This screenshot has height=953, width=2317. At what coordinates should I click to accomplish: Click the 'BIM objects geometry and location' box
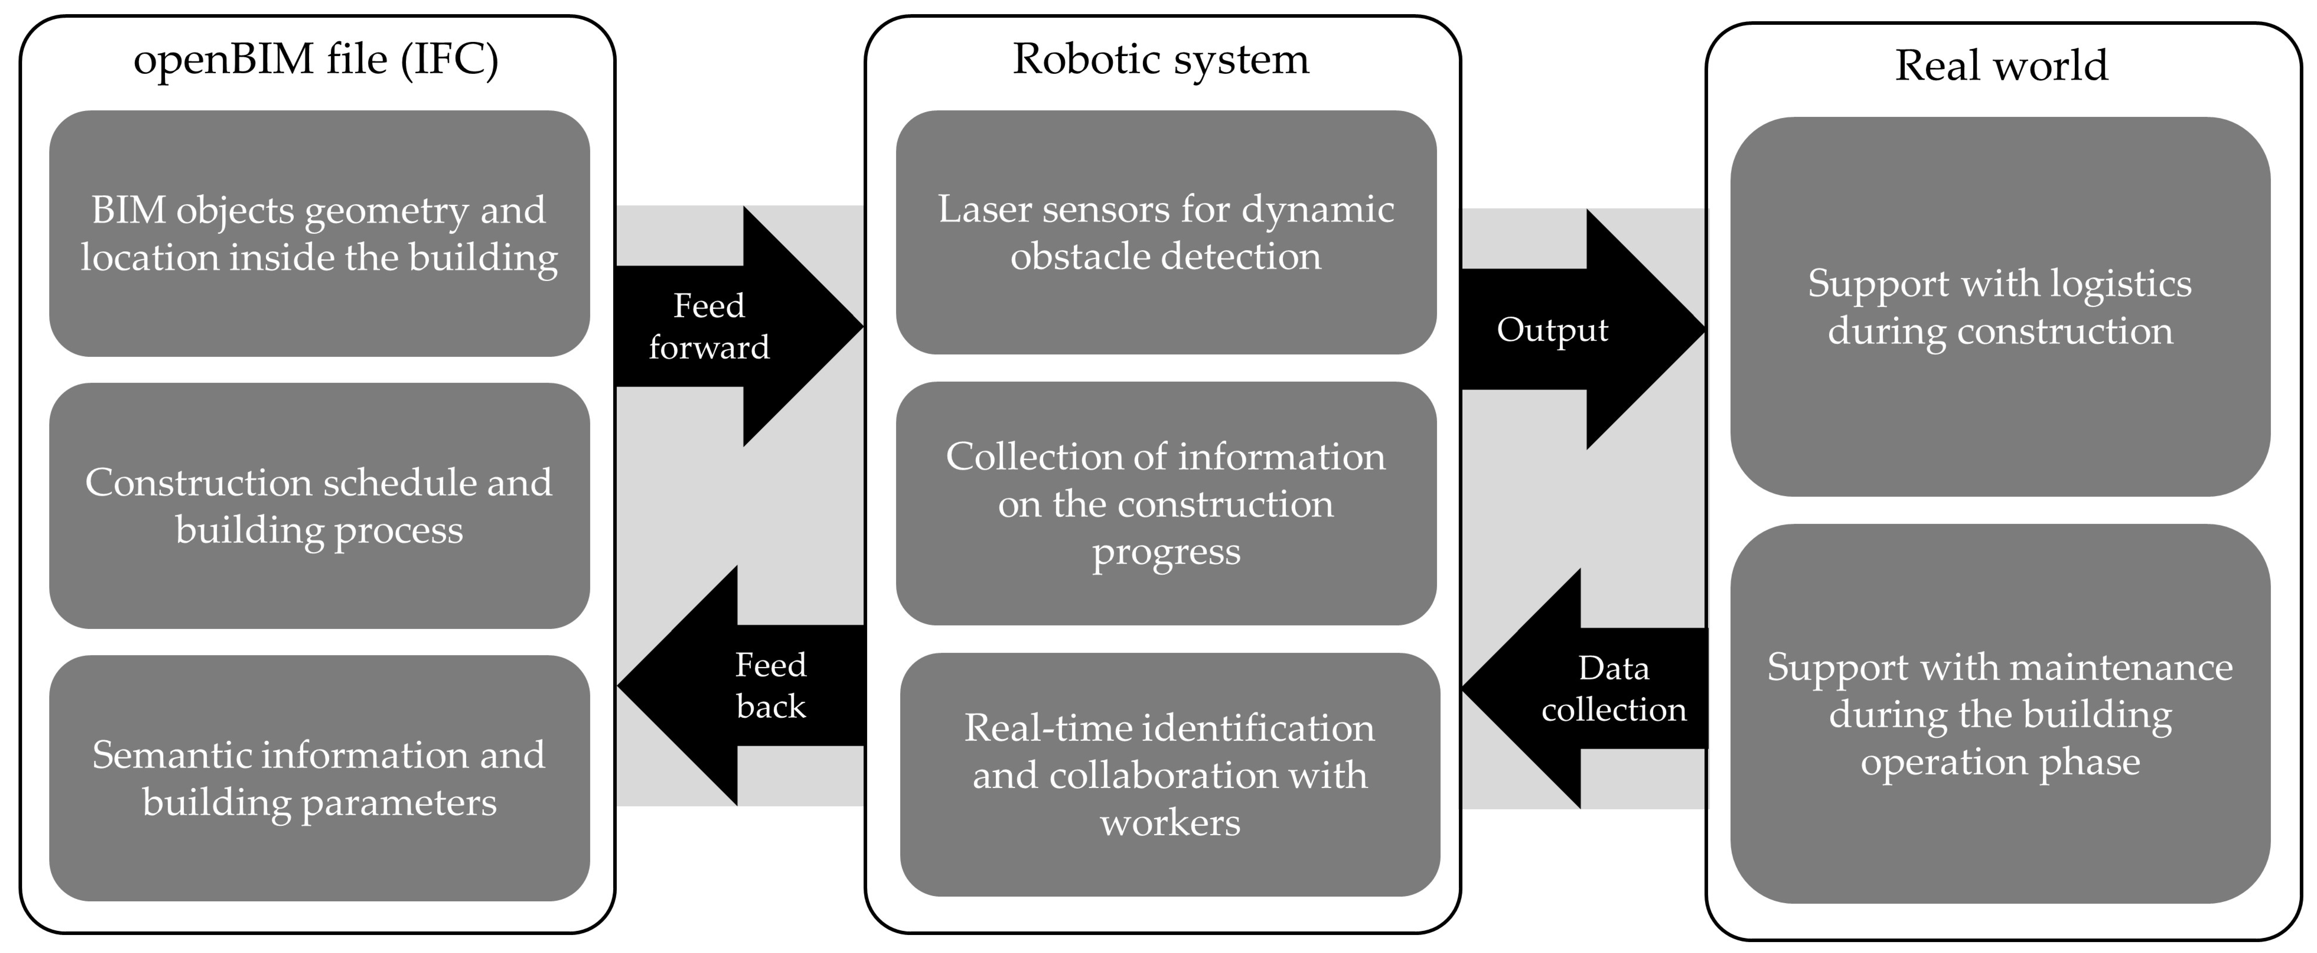pos(319,234)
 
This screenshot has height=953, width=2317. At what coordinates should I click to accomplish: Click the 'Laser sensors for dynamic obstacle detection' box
pos(1166,232)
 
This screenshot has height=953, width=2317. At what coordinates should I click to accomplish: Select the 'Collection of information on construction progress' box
pos(1166,503)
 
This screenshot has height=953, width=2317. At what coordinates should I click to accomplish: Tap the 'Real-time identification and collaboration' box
pos(1169,775)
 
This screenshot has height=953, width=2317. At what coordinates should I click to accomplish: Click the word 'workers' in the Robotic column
pos(1169,823)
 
